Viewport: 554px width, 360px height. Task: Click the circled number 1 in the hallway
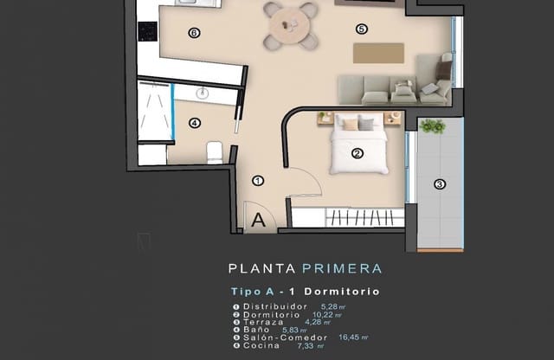pos(257,181)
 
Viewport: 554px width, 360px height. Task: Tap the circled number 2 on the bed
pos(356,154)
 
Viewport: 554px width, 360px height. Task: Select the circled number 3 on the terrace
pos(439,183)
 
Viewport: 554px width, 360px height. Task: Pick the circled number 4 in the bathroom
pos(195,123)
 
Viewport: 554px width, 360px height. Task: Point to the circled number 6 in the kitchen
pos(195,33)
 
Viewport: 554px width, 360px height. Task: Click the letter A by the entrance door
pos(257,220)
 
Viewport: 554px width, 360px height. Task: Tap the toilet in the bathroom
pos(214,154)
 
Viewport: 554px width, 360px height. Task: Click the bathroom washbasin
pos(203,93)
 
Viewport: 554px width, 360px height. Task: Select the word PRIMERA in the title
pos(342,269)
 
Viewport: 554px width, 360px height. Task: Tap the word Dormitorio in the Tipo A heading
pos(345,292)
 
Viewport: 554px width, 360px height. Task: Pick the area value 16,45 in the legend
pos(349,337)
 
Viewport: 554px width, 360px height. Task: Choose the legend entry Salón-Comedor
pos(282,337)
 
